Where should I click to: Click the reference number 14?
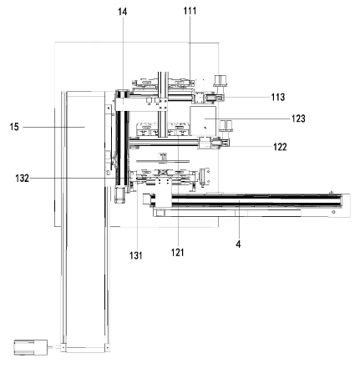pyautogui.click(x=123, y=12)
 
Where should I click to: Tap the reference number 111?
pyautogui.click(x=190, y=11)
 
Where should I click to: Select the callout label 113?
pyautogui.click(x=278, y=97)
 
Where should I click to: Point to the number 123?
pyautogui.click(x=298, y=118)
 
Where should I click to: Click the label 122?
pyautogui.click(x=280, y=147)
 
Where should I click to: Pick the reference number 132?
pyautogui.click(x=23, y=178)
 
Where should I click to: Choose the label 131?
pyautogui.click(x=136, y=255)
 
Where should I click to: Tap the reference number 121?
pyautogui.click(x=177, y=252)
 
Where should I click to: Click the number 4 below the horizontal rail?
pyautogui.click(x=238, y=244)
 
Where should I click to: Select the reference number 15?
pyautogui.click(x=14, y=127)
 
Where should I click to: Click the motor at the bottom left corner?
pyautogui.click(x=31, y=347)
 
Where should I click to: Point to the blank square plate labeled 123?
pyautogui.click(x=203, y=121)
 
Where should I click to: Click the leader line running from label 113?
pyautogui.click(x=246, y=98)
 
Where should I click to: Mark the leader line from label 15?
pyautogui.click(x=53, y=127)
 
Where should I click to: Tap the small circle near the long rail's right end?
pyautogui.click(x=334, y=212)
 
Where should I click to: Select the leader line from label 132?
pyautogui.click(x=77, y=178)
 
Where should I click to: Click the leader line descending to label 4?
pyautogui.click(x=239, y=219)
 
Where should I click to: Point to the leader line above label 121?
pyautogui.click(x=178, y=190)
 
